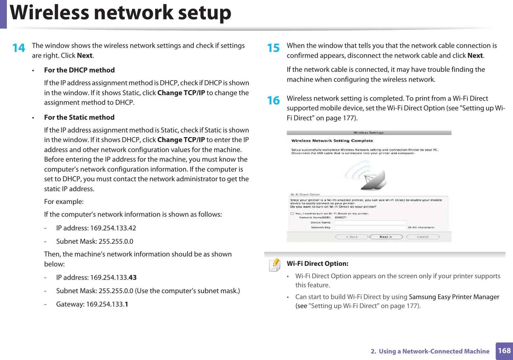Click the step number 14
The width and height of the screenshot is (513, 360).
pyautogui.click(x=19, y=48)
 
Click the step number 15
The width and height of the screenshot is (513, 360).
pyautogui.click(x=274, y=48)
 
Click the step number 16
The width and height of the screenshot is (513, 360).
pyautogui.click(x=274, y=100)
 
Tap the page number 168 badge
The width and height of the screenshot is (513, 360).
pyautogui.click(x=504, y=351)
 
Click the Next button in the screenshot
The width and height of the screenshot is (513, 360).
pyautogui.click(x=386, y=237)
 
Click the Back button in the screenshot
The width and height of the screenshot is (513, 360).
pyautogui.click(x=352, y=237)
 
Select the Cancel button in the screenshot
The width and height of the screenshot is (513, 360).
pyautogui.click(x=423, y=237)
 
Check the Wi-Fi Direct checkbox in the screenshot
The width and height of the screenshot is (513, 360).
pyautogui.click(x=292, y=214)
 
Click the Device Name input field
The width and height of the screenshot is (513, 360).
pyautogui.click(x=370, y=223)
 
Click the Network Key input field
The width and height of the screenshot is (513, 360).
pyautogui.click(x=370, y=228)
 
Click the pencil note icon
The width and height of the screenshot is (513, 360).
pyautogui.click(x=275, y=265)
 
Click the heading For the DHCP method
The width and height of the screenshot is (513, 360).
pyautogui.click(x=79, y=70)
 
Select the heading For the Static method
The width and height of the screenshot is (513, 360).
pyautogui.click(x=79, y=118)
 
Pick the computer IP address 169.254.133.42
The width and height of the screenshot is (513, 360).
pyautogui.click(x=113, y=228)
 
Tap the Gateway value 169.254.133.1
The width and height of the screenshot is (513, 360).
pyautogui.click(x=107, y=304)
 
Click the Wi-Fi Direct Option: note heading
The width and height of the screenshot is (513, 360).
pyautogui.click(x=317, y=264)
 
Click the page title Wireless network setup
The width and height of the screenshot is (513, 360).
pyautogui.click(x=121, y=13)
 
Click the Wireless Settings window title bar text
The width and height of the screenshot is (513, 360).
pyautogui.click(x=368, y=133)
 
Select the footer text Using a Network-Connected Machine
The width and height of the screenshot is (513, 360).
pyautogui.click(x=434, y=351)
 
